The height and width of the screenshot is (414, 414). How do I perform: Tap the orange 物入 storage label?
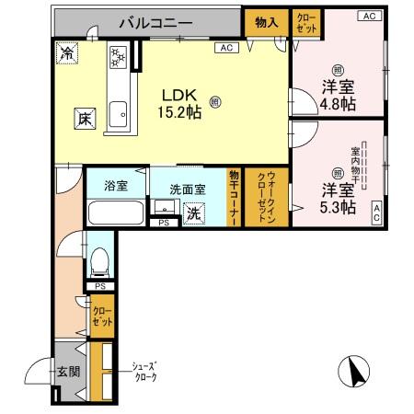(x=266, y=21)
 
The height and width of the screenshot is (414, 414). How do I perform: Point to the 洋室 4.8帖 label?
(x=339, y=94)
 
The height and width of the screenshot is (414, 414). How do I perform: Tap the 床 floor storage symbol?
(x=82, y=118)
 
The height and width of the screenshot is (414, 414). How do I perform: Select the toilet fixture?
(x=101, y=256)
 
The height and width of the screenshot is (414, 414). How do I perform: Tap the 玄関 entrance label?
(x=69, y=373)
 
